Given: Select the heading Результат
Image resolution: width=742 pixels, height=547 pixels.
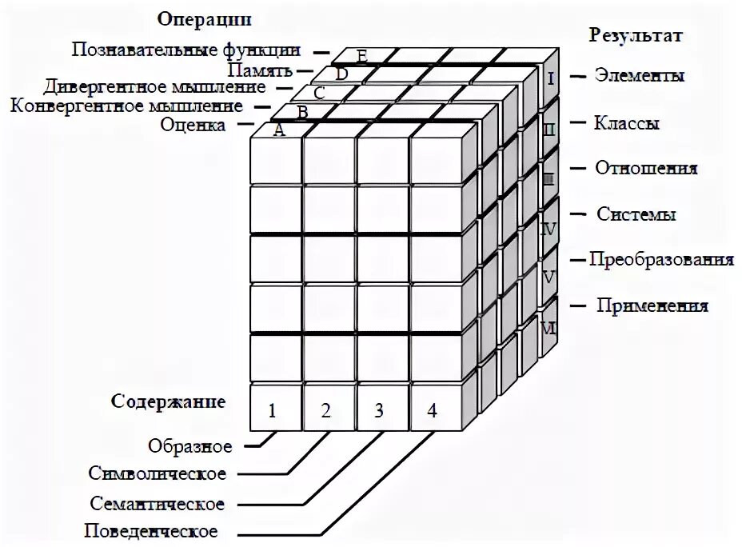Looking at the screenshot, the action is (x=636, y=35).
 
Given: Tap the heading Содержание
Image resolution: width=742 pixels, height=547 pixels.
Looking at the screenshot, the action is (x=168, y=400).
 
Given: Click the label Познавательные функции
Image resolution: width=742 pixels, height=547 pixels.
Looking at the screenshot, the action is (x=185, y=50).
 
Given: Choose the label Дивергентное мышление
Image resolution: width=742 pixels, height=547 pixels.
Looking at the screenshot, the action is (x=154, y=86).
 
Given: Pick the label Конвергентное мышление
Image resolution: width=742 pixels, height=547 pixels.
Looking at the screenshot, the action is (x=126, y=106).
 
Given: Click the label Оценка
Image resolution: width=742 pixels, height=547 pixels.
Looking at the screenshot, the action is (x=192, y=125).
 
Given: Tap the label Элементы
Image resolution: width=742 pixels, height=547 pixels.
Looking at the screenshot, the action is (x=639, y=77).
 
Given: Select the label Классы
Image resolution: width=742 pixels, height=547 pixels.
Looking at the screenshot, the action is (x=626, y=124).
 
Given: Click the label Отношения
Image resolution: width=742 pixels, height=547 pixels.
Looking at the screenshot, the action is (x=646, y=169).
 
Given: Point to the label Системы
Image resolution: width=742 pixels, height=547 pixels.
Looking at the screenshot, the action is (x=636, y=214).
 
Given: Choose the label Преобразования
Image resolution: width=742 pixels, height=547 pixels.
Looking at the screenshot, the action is (x=661, y=260).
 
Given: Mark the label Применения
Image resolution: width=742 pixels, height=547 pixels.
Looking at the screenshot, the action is (x=652, y=305).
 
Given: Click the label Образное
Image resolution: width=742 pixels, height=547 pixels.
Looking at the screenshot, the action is (x=189, y=445).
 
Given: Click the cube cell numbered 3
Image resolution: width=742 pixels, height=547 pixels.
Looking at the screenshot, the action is (x=379, y=411).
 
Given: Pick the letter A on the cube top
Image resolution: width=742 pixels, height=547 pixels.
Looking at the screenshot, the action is (x=279, y=131).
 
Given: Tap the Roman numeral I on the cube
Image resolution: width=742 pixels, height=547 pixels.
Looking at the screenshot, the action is (x=551, y=78).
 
